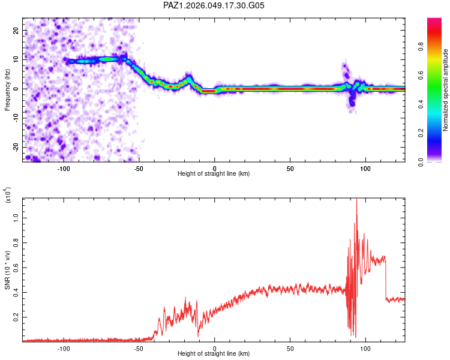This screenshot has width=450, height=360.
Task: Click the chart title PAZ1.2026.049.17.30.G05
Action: [214, 6]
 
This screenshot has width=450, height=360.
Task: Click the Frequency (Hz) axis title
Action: [7, 89]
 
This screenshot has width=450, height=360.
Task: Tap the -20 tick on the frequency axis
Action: [14, 147]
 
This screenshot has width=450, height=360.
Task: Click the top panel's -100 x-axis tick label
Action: [64, 169]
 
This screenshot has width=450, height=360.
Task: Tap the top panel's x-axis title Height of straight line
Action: [214, 174]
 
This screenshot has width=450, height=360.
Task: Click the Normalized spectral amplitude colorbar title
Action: [445, 90]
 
